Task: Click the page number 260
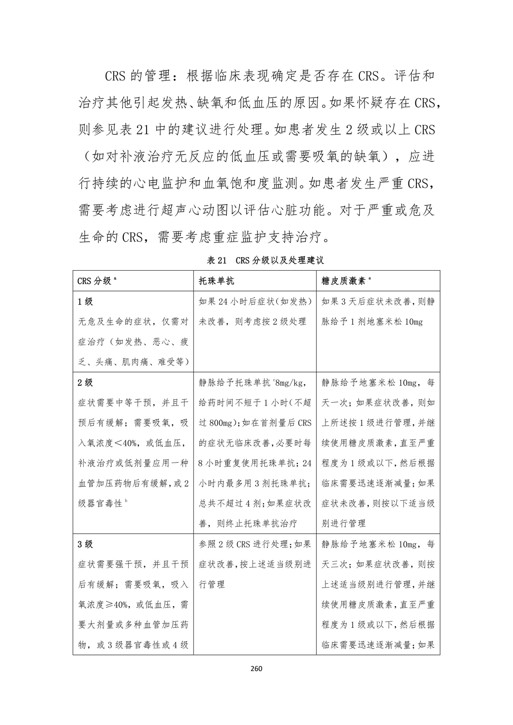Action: coord(256,669)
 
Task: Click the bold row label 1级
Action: coord(86,302)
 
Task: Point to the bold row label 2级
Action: coord(86,383)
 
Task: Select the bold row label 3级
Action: coord(86,544)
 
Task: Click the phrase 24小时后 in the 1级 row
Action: coord(235,302)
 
